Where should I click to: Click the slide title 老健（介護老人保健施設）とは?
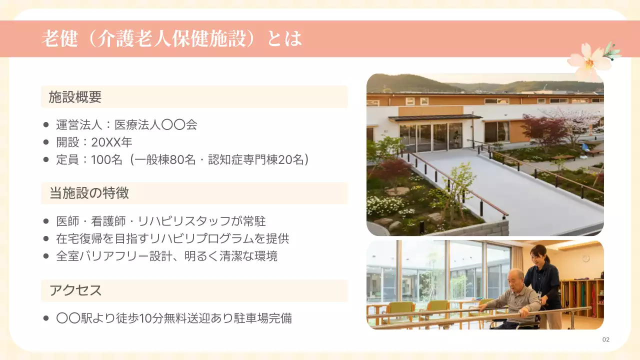point(171,39)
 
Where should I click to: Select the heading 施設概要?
point(75,97)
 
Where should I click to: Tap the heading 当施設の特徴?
point(89,193)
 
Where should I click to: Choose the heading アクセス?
point(75,290)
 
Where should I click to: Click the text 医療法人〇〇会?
point(156,125)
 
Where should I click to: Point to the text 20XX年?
point(111,142)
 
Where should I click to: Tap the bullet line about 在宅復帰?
point(172,238)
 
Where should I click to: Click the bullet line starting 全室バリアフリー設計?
point(167,256)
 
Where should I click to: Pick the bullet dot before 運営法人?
point(46,125)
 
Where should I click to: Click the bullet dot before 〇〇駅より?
point(46,318)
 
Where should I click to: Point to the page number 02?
point(606,339)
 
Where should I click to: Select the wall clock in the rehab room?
point(585,258)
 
